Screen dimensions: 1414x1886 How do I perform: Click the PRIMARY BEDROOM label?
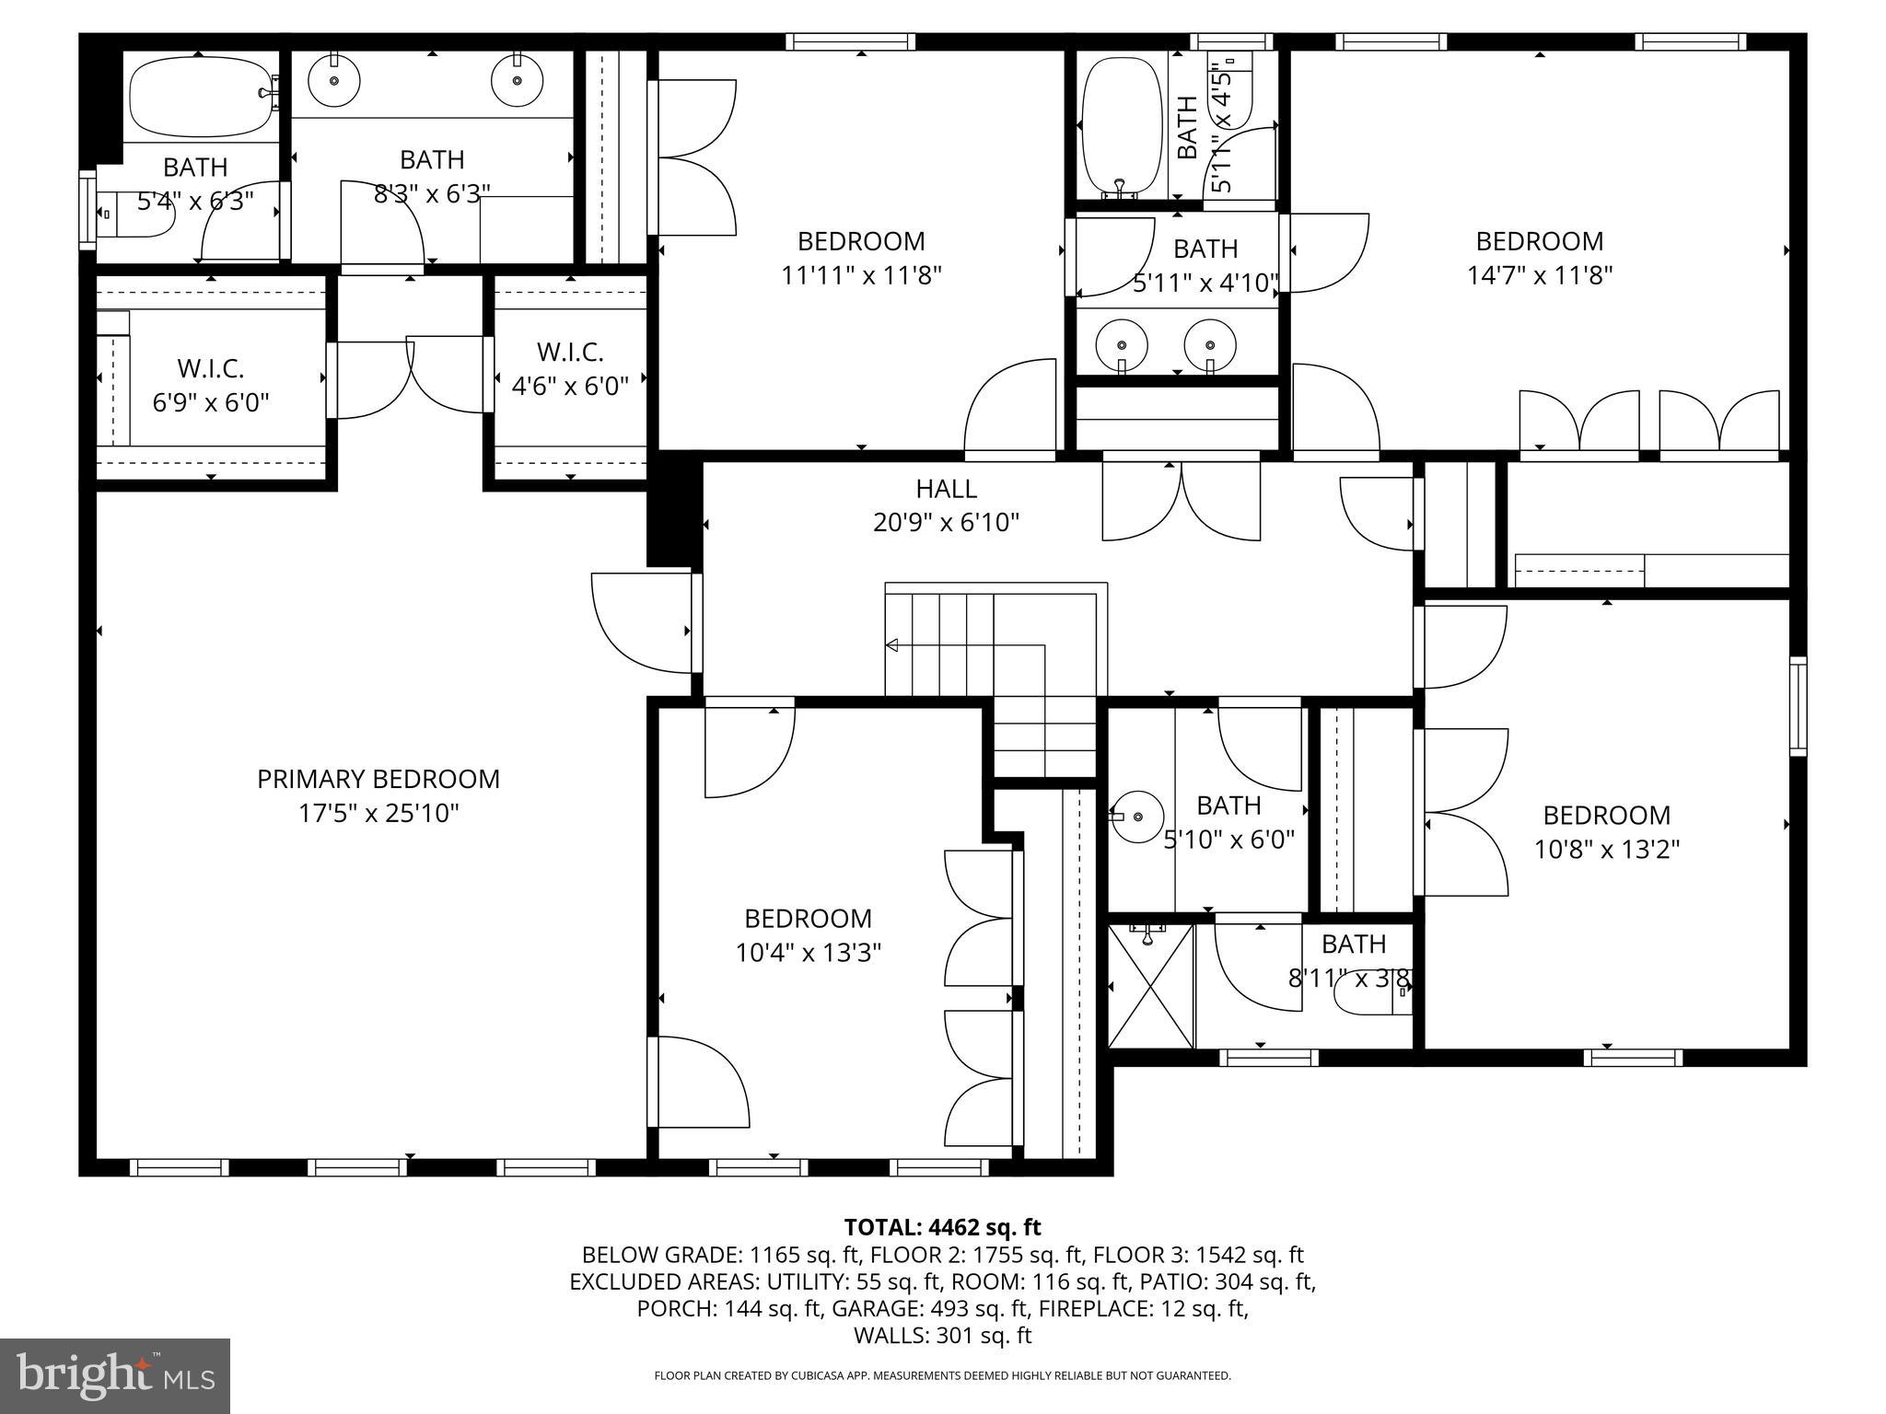click(x=378, y=779)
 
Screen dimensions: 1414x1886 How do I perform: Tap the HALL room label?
click(x=946, y=488)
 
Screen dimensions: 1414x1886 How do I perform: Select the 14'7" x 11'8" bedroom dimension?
click(x=1540, y=275)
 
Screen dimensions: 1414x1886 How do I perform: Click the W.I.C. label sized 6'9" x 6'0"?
click(x=210, y=369)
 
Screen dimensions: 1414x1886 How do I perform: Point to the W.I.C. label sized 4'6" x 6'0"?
click(x=570, y=353)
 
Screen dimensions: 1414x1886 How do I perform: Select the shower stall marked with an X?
click(x=1150, y=986)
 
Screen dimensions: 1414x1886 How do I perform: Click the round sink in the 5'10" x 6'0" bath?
click(x=1137, y=817)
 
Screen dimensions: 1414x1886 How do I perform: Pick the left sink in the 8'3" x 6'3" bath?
click(x=332, y=80)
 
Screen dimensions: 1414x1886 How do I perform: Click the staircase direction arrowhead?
click(x=891, y=645)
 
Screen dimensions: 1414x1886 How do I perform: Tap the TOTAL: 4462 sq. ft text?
click(x=942, y=1227)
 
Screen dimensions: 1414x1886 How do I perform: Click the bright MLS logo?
click(x=115, y=1375)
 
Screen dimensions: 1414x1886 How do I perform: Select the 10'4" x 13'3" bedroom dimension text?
click(x=808, y=953)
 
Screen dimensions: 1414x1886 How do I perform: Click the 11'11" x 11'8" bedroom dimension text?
click(x=861, y=275)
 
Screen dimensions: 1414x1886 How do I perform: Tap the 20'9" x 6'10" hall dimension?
click(x=946, y=523)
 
